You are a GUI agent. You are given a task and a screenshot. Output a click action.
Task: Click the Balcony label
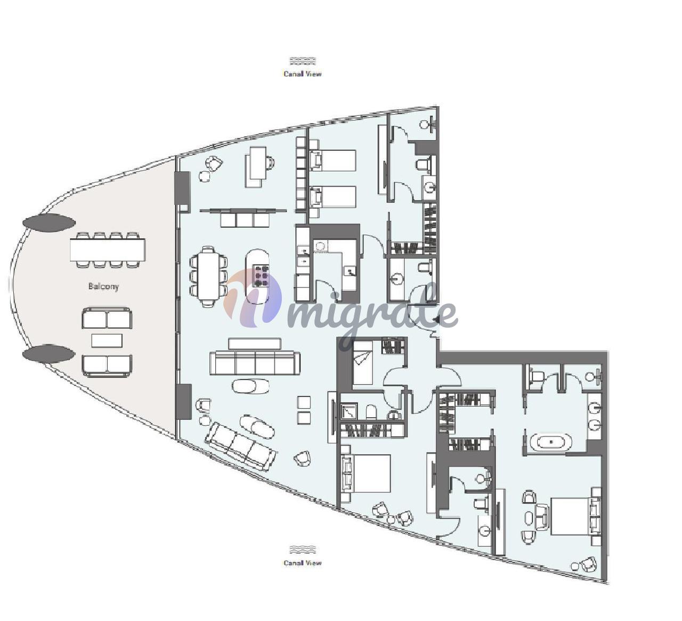pos(104,286)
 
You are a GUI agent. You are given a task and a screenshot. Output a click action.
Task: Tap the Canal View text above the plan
pos(303,74)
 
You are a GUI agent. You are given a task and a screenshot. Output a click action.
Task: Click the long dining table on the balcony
pos(108,250)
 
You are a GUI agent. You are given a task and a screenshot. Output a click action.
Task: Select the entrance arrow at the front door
pos(436,319)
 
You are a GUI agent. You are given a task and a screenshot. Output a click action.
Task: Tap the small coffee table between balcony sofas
pos(107,340)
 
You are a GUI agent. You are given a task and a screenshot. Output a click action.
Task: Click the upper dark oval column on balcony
pos(49,223)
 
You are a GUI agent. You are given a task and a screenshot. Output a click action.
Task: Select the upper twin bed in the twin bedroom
pos(333,160)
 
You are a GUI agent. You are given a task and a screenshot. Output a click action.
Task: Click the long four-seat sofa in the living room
pos(255,363)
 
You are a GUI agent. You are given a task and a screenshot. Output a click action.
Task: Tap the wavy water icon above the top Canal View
pos(303,61)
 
